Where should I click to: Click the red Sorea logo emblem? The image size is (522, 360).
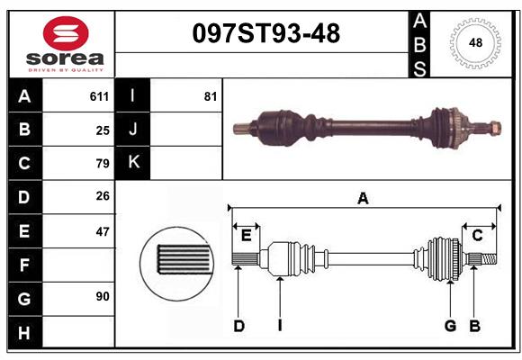66,33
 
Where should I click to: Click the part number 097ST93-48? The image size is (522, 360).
266,33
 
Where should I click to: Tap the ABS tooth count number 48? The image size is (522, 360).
475,42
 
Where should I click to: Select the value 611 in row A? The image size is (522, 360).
99,96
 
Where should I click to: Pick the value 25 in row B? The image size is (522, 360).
103,130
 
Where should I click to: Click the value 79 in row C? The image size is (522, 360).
103,164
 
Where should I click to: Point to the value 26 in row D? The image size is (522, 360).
103,196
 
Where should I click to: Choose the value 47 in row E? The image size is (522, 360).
103,231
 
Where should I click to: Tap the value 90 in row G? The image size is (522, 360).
103,296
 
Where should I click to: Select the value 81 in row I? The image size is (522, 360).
211,96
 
